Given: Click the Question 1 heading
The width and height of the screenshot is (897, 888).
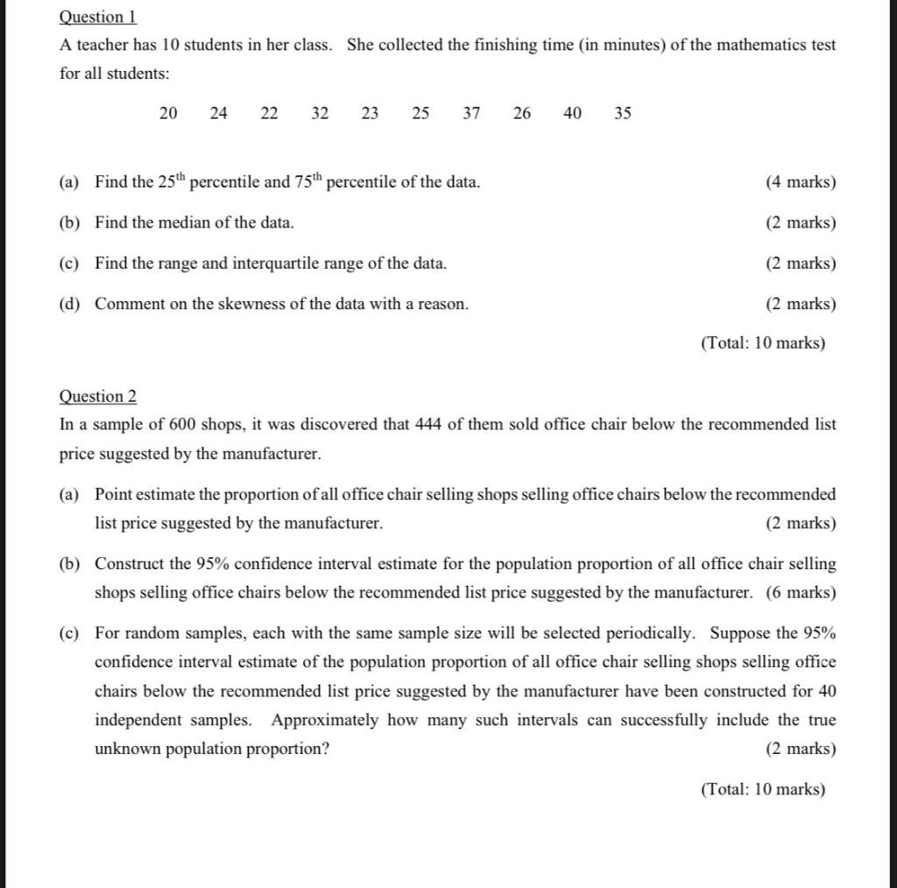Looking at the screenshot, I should (97, 17).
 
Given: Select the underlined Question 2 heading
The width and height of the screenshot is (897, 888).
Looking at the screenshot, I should (97, 396).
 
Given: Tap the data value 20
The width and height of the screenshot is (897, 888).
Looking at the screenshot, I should (168, 113).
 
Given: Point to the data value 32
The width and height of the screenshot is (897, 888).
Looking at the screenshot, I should (320, 113).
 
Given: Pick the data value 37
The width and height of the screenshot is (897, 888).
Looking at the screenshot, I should (471, 113).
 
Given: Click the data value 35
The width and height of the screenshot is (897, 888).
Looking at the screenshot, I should (623, 113).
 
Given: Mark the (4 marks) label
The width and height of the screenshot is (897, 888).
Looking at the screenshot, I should (801, 182).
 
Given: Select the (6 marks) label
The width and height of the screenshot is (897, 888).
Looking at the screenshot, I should (801, 593).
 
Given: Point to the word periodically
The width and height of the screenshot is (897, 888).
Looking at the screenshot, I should (653, 633).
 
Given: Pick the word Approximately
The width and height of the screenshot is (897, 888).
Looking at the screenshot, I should (325, 720).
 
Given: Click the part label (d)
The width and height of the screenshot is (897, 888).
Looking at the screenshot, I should (69, 304).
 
